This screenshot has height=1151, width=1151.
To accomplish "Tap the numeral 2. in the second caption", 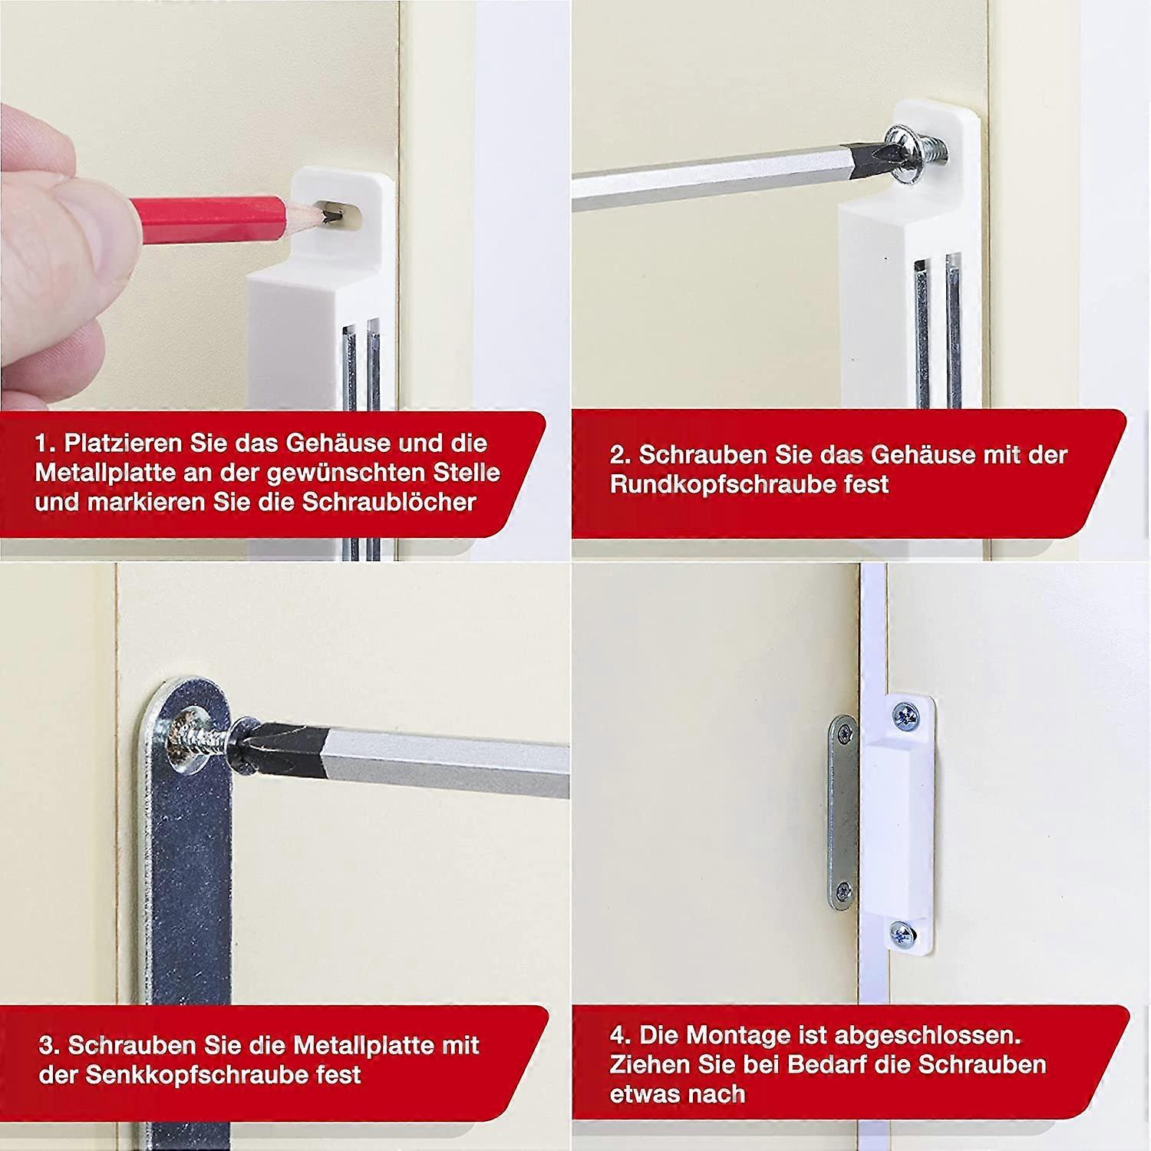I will [620, 455].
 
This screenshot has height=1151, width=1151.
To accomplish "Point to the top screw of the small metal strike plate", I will [844, 734].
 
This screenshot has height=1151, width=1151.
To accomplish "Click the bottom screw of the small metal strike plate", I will [843, 890].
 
